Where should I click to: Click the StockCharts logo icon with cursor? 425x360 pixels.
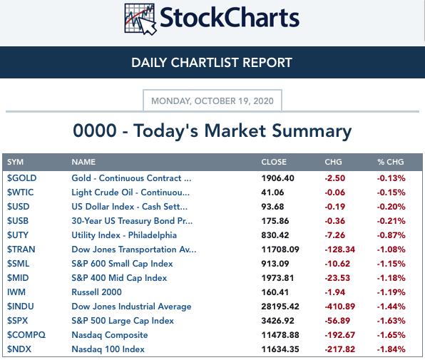coord(140,19)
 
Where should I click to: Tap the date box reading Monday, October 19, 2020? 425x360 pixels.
coord(212,101)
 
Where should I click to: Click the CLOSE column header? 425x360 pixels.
coord(274,162)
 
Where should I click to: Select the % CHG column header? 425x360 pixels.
coord(391,162)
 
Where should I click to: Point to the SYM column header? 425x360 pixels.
coord(15,162)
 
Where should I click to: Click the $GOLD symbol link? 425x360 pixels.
coord(21,178)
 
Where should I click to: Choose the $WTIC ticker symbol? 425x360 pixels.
coord(21,192)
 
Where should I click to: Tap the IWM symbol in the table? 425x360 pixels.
coord(16,292)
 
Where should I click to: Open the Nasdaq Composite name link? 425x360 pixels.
coord(110,335)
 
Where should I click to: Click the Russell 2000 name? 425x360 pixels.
coord(96,292)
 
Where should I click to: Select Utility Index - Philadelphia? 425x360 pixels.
coord(124,235)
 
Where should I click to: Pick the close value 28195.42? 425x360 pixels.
coord(280,307)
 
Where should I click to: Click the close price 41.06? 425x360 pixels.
coord(272,192)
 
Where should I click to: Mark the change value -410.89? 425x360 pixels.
coord(340,307)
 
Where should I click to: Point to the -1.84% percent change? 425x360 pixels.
coord(391,349)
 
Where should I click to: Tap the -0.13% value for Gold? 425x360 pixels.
coord(391,178)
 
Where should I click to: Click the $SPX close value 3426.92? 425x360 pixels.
coord(278,321)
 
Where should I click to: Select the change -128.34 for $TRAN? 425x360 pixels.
coord(340,250)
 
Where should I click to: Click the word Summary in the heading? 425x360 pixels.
coord(312,131)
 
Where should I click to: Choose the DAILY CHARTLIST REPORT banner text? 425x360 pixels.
coord(212,63)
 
